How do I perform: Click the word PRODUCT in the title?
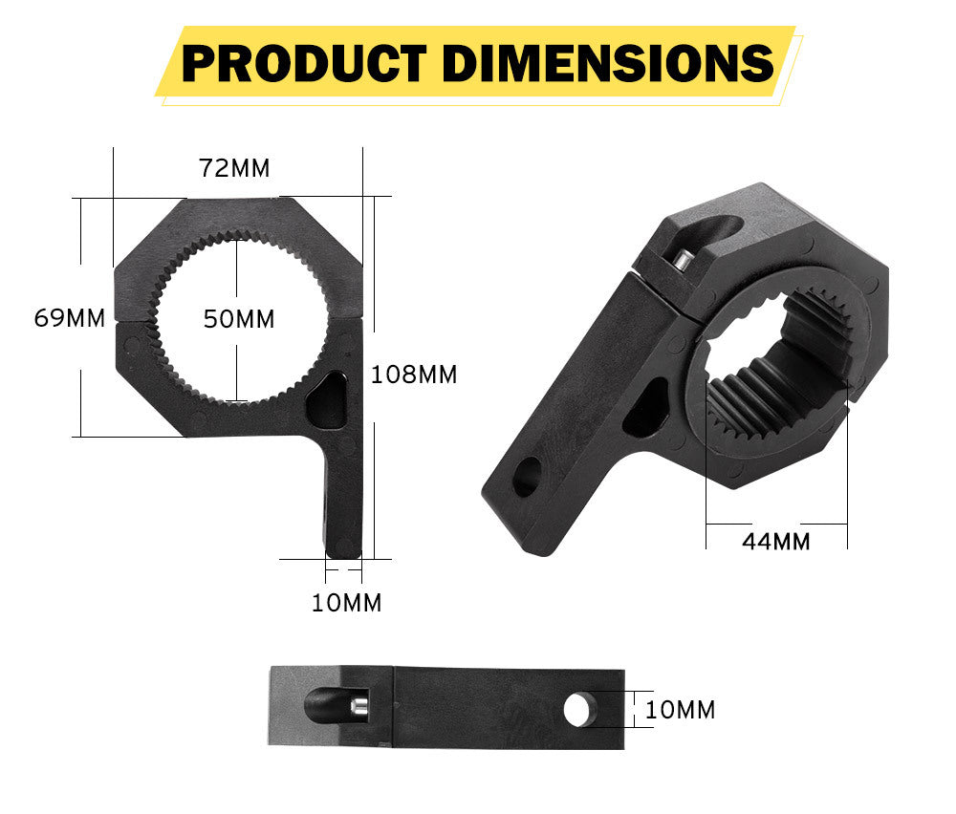point(303,63)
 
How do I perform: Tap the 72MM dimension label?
point(234,168)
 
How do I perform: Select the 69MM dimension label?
point(69,318)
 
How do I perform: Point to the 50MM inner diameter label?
point(238,319)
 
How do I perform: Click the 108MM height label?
point(413,375)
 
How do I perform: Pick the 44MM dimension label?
point(775,542)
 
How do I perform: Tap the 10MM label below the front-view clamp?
point(346,603)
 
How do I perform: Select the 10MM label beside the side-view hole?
point(680,710)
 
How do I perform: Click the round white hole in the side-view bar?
point(576,710)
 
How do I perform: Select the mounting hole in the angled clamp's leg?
point(526,476)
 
